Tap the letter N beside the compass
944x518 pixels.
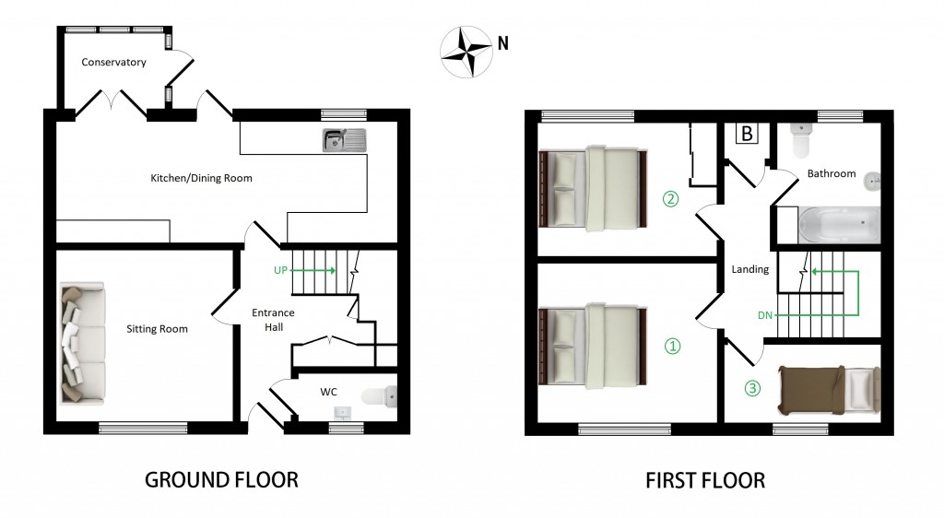[502, 42]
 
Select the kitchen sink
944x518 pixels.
[346, 140]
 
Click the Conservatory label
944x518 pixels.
[113, 63]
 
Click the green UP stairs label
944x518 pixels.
[282, 270]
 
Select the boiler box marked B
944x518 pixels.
[747, 134]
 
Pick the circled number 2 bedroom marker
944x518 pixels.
[670, 198]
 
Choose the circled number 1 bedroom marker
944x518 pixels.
[672, 347]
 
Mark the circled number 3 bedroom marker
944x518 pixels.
[752, 388]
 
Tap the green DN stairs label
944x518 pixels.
[764, 316]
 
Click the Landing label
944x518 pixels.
[749, 269]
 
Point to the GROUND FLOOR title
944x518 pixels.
[221, 480]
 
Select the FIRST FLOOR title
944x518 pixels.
[705, 480]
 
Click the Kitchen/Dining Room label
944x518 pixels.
[201, 178]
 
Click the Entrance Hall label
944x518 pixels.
[273, 319]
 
